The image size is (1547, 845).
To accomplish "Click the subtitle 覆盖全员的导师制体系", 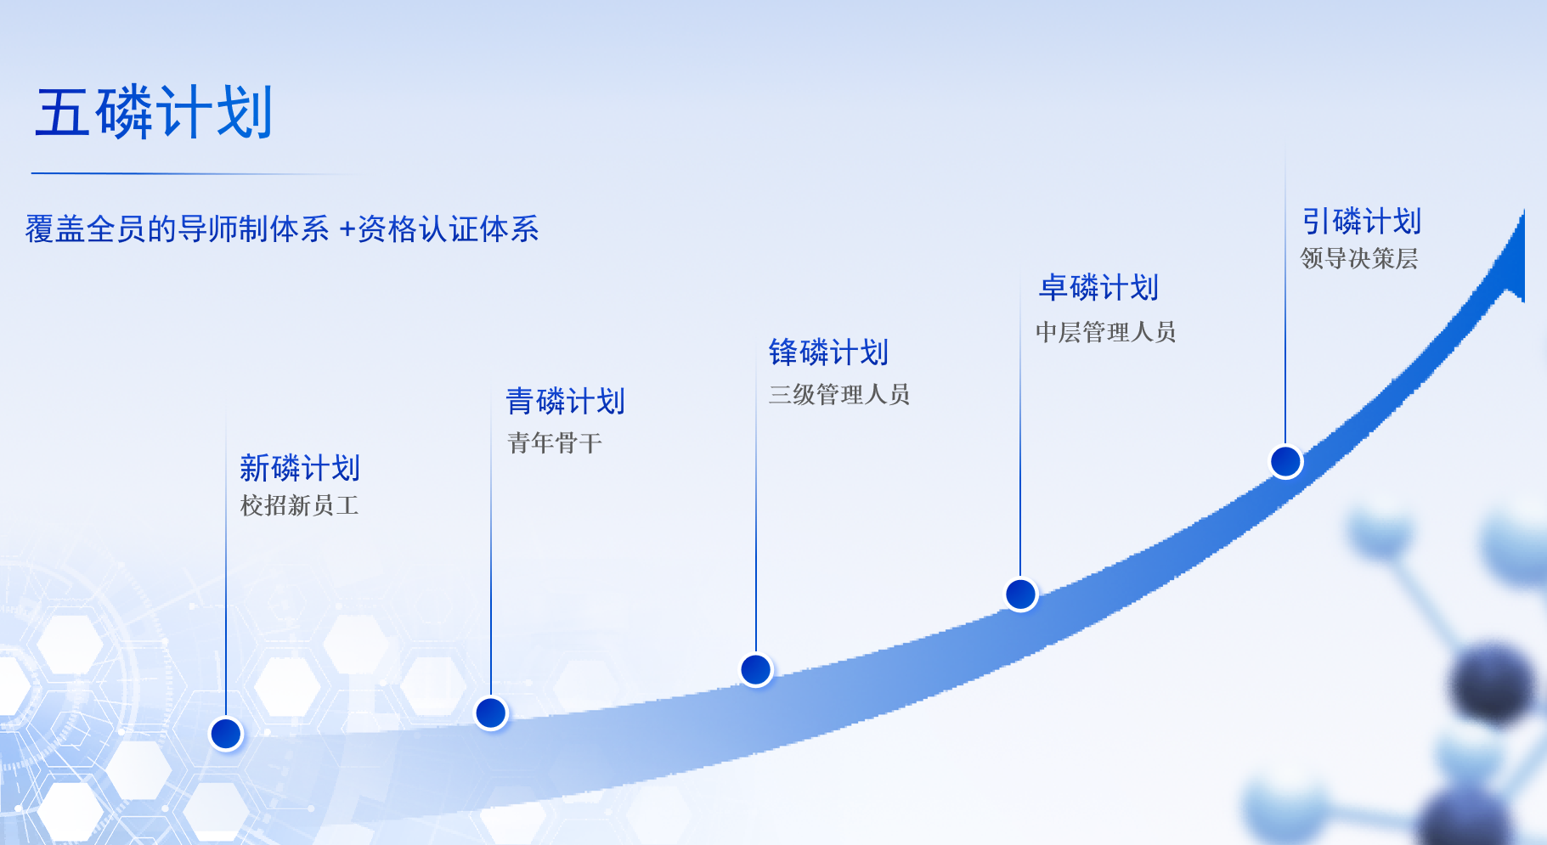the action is point(177,229).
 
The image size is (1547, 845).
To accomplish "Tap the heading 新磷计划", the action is point(300,468).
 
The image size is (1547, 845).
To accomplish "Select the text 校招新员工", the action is point(300,506).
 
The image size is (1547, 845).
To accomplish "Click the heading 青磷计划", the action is point(566,402).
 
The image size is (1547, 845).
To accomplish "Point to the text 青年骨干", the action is point(555,442).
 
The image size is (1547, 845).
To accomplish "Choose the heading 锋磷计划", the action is point(828,352).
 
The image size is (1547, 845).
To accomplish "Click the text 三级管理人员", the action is point(839,394).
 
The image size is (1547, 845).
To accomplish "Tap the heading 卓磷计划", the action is point(1098,288).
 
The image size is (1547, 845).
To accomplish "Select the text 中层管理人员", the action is point(1105,332).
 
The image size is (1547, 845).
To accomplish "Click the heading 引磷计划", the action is point(1362,222).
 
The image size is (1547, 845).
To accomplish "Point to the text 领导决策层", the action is point(1359,258).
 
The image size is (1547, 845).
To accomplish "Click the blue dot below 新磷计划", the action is point(226,734).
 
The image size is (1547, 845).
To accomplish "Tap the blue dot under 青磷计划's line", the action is point(491,713).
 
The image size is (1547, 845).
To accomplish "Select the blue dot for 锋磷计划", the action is point(756,670).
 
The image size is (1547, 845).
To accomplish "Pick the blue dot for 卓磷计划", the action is point(1021,594).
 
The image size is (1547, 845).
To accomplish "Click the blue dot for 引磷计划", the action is point(1286,462).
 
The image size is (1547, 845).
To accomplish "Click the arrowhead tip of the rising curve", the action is point(1524,211).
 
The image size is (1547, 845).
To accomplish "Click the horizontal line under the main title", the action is point(195,174).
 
